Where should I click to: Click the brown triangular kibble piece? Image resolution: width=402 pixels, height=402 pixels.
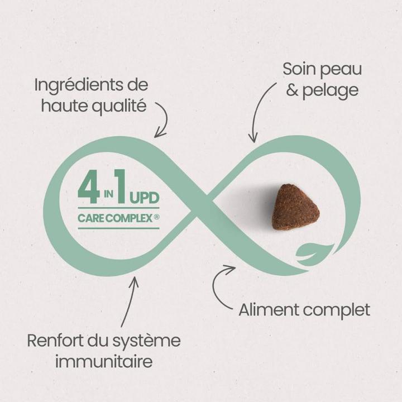coord(295,207)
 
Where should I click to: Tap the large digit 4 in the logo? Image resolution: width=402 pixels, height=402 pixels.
coord(89,187)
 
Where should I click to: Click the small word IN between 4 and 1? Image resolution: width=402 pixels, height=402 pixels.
coord(108,194)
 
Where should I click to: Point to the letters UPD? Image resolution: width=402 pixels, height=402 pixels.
coord(145,198)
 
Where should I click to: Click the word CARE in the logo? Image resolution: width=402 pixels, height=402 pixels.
coord(91,218)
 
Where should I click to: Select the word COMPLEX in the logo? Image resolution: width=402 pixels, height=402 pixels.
coord(129,218)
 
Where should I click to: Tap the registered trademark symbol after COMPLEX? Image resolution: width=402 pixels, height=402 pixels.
coord(156,217)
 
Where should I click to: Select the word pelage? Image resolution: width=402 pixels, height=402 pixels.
coord(330,91)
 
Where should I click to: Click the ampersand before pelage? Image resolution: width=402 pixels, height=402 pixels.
coord(293,90)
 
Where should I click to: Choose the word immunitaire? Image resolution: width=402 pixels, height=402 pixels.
coord(104,361)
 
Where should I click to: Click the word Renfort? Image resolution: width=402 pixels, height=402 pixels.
coord(55,341)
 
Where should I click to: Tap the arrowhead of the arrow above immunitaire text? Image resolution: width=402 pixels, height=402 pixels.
coord(134,281)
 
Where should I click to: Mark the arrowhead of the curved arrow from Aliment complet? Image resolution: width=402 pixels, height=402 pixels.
coord(230,269)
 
